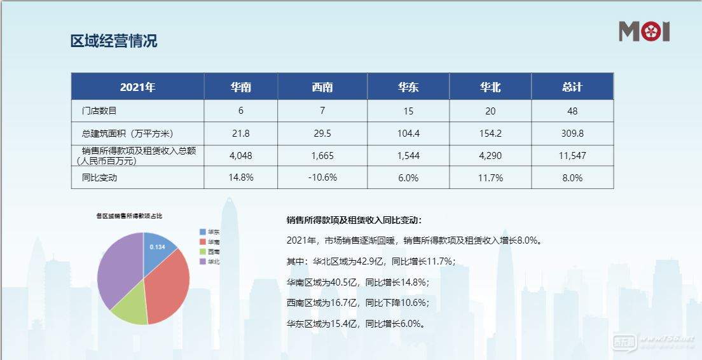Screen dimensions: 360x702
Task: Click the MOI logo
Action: [644, 31]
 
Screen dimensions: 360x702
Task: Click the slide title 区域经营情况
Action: [114, 41]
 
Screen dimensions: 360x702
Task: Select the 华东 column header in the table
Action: [408, 87]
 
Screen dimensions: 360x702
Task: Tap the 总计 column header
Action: [572, 87]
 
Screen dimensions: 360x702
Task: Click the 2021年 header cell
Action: [137, 87]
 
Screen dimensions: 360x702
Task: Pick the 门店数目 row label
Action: [100, 111]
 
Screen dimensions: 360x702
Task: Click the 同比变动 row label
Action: [100, 177]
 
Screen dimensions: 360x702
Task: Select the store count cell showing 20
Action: [490, 111]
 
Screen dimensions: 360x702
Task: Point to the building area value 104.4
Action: [408, 134]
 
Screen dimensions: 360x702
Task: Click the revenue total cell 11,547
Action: [572, 156]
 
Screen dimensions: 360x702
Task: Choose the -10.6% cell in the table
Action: [322, 178]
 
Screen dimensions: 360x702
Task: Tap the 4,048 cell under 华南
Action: [241, 156]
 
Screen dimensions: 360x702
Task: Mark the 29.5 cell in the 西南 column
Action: [322, 134]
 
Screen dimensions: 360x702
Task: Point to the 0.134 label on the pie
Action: [157, 247]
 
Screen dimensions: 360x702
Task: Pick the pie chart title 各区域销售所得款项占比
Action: [129, 216]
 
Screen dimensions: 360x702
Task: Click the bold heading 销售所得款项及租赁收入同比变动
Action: [354, 221]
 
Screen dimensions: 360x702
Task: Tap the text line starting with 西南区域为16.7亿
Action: [358, 303]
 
